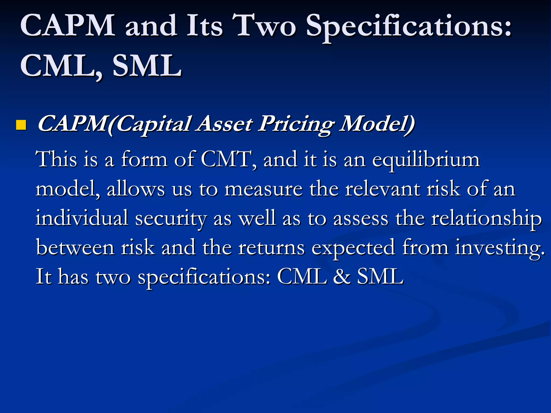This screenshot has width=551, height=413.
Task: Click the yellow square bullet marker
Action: click(21, 125)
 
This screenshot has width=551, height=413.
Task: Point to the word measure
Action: click(263, 189)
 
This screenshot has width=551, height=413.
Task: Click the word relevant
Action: click(383, 189)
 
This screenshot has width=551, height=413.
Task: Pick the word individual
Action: click(82, 218)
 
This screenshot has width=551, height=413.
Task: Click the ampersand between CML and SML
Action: click(342, 276)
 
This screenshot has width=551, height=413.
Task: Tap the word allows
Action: click(136, 189)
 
